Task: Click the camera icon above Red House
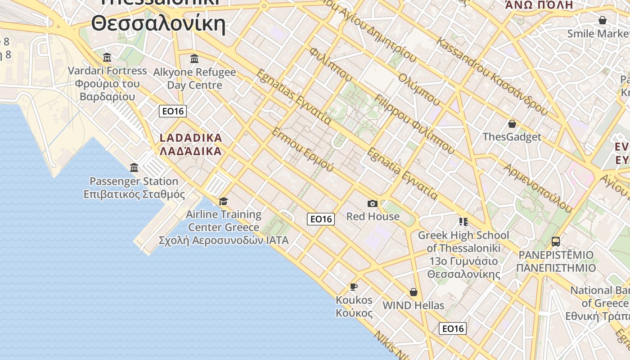[x=372, y=204]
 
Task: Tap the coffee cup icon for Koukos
[x=354, y=287]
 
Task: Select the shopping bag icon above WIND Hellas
[x=414, y=292]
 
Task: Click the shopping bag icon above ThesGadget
[x=512, y=124]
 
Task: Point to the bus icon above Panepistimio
[x=556, y=242]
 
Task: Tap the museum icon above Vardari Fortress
[x=107, y=58]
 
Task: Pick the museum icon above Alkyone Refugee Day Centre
[x=194, y=59]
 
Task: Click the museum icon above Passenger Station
[x=134, y=168]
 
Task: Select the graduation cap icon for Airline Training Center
[x=223, y=201]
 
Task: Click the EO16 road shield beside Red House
[x=321, y=219]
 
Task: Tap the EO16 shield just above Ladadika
[x=173, y=111]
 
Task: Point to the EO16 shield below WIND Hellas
[x=453, y=328]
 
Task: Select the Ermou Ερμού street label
[x=302, y=149]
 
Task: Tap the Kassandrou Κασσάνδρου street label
[x=492, y=76]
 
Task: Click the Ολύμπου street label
[x=418, y=89]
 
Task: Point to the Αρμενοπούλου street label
[x=538, y=188]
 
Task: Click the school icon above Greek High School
[x=463, y=222]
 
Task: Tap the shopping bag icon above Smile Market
[x=602, y=21]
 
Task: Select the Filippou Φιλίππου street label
[x=414, y=124]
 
